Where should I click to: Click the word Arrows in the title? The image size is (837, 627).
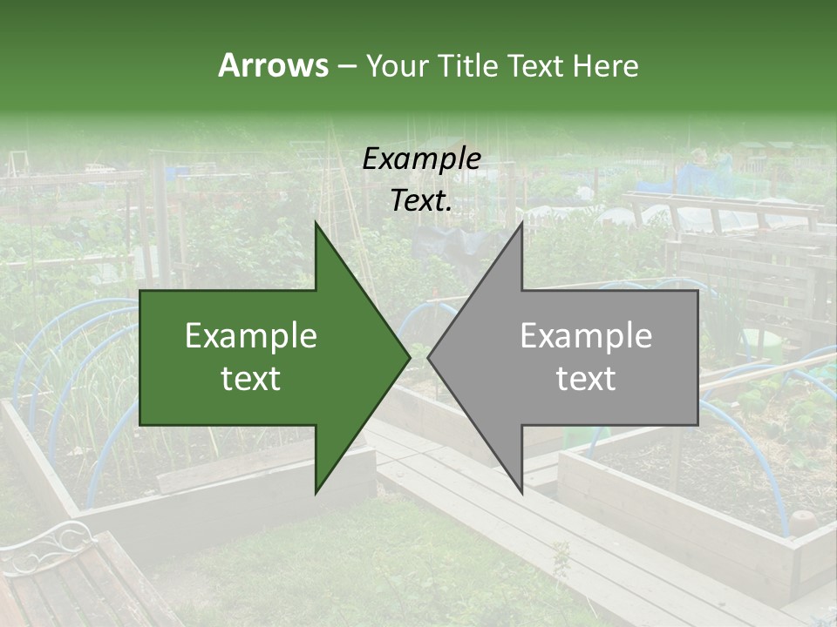[x=273, y=65]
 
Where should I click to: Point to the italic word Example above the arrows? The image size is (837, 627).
[x=421, y=159]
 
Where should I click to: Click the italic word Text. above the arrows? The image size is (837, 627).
[x=421, y=201]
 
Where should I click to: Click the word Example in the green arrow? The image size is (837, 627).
[x=251, y=336]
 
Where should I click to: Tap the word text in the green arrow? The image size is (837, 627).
[x=251, y=379]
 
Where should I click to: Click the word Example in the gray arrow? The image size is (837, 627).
[x=586, y=336]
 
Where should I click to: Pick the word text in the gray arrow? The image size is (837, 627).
[x=586, y=379]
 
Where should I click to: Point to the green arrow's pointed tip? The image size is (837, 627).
[x=408, y=357]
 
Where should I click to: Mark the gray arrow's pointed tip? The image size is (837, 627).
[x=430, y=357]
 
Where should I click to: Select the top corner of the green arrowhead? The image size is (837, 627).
[x=316, y=224]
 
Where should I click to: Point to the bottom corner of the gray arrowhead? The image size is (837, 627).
[x=521, y=492]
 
